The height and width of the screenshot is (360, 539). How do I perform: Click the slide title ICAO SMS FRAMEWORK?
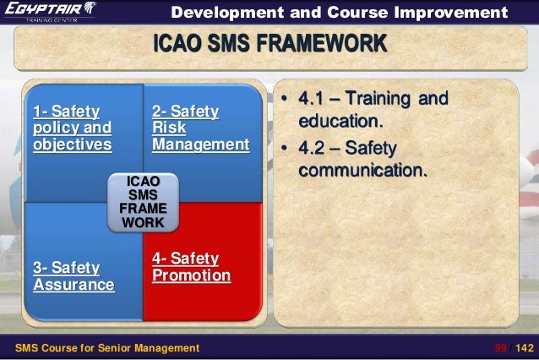click(x=269, y=44)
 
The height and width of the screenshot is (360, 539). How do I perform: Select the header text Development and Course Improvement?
click(x=340, y=13)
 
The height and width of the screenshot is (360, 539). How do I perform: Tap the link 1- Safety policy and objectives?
click(x=72, y=128)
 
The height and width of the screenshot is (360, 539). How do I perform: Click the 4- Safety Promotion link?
click(x=191, y=267)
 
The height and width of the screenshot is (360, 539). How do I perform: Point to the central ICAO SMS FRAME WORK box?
click(x=143, y=202)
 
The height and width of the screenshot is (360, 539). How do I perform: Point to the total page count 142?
click(x=524, y=347)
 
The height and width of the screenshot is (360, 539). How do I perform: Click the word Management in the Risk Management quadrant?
click(x=200, y=145)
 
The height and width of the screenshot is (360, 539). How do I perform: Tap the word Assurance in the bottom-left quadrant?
click(x=73, y=285)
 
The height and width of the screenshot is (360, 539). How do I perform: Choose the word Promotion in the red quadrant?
click(x=191, y=275)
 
